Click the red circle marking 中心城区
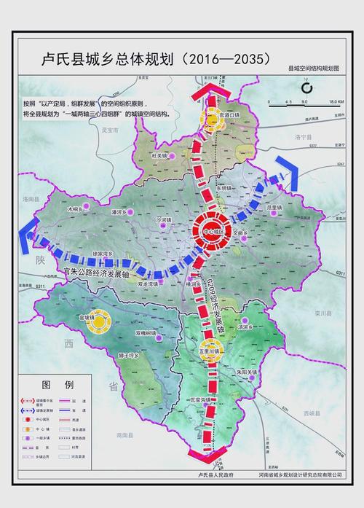coord(212,232)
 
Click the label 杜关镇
coord(158,156)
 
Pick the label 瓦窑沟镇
coord(199,400)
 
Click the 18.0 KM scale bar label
coord(336,101)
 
